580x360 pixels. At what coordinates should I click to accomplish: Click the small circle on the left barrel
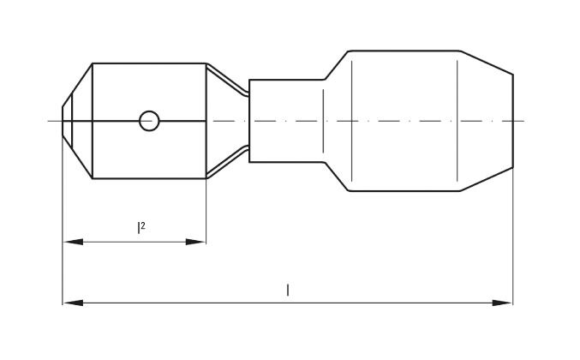coord(149,121)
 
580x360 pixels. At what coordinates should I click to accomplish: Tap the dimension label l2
coord(141,227)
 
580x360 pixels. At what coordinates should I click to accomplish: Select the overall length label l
coord(288,291)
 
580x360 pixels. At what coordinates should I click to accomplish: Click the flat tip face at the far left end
coord(63,121)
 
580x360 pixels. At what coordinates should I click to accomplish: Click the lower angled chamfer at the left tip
coord(77,158)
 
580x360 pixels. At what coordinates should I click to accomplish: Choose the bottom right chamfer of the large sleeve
coord(487,180)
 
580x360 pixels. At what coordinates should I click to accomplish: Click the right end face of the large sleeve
coord(513,121)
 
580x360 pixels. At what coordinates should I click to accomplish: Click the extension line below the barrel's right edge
coord(206,214)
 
